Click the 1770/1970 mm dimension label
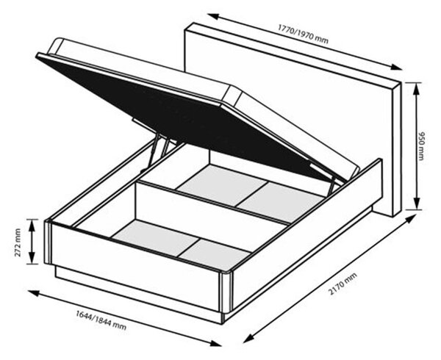click(303, 34)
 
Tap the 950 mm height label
click(421, 146)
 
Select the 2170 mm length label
click(343, 284)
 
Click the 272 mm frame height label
click(18, 242)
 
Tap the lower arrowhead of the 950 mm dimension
click(417, 204)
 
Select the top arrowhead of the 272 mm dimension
click(32, 225)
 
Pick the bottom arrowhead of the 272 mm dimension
click(32, 259)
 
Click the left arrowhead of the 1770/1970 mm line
click(213, 16)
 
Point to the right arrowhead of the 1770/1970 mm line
click(396, 67)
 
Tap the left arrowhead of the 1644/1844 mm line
click(34, 293)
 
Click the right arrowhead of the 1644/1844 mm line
click(215, 343)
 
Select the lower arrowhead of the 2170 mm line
click(248, 339)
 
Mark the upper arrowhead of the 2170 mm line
click(411, 217)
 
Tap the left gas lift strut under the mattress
click(154, 151)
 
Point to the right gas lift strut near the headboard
click(333, 185)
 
